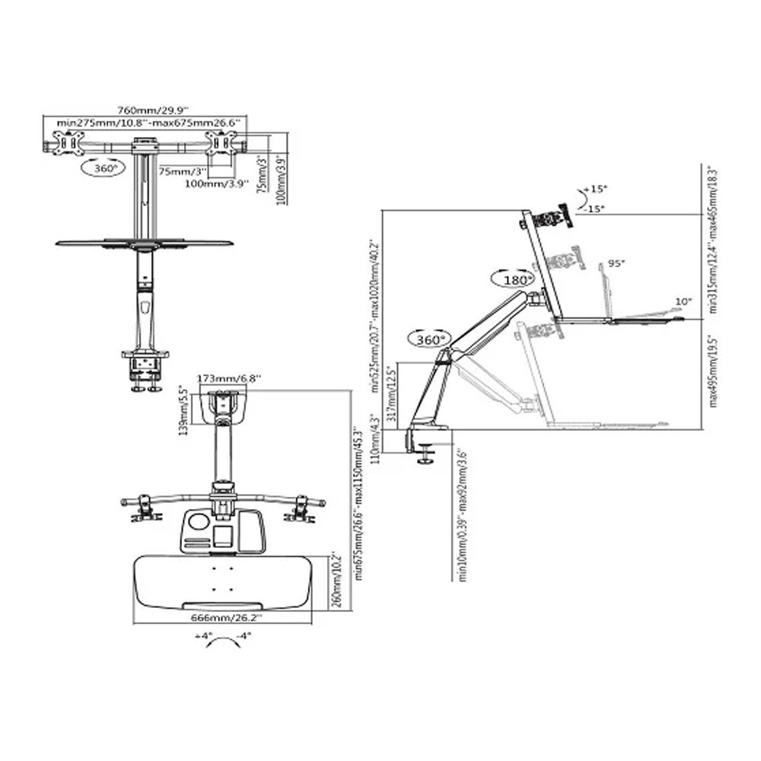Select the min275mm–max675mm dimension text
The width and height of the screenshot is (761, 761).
143,122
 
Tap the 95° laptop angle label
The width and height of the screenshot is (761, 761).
616,263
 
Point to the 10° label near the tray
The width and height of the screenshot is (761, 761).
683,301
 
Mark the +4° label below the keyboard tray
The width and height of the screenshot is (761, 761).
202,635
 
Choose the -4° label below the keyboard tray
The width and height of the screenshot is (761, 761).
244,635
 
